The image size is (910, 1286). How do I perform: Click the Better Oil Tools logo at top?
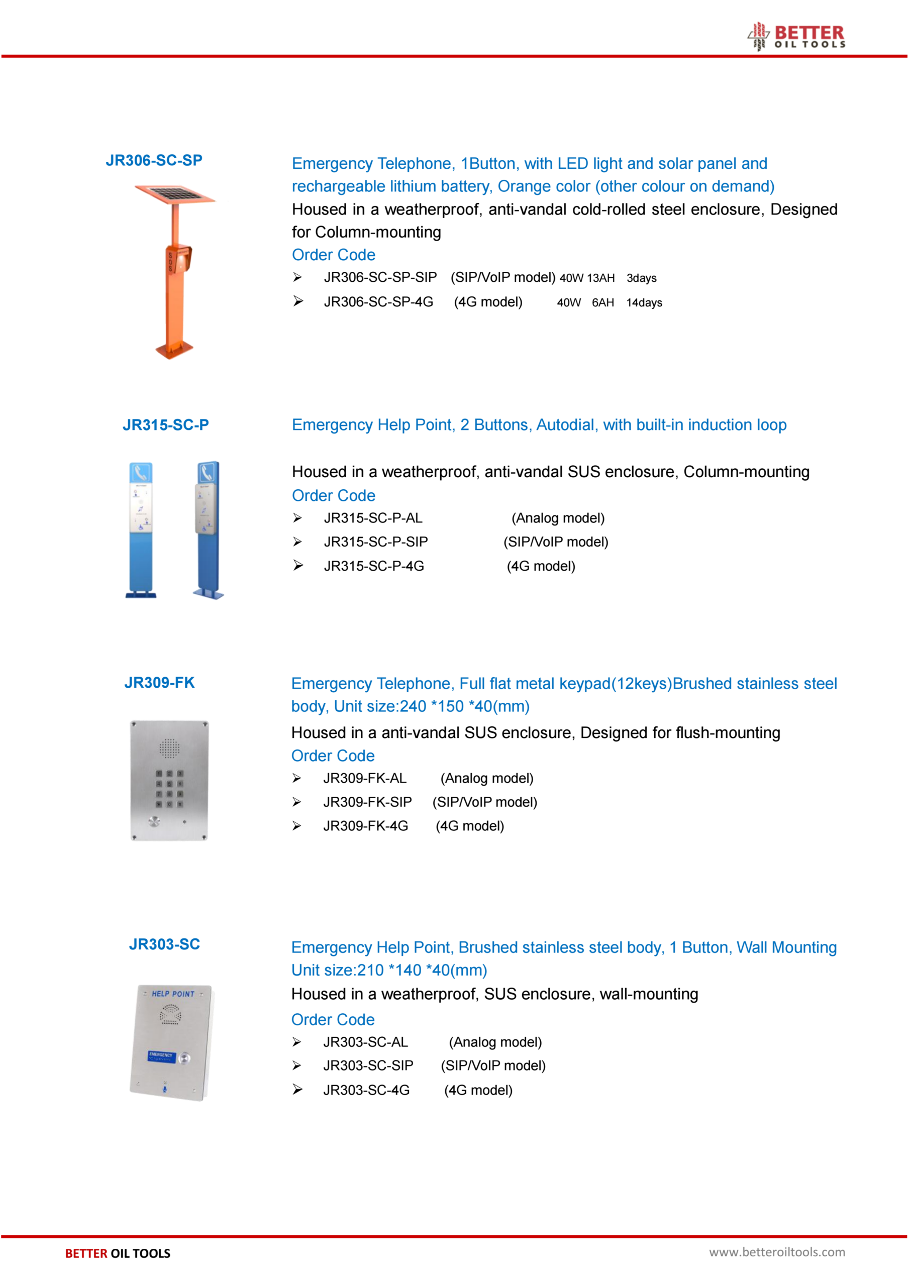[x=796, y=36]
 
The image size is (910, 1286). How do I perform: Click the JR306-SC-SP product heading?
[x=154, y=160]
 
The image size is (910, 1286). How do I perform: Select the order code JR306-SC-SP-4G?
[x=378, y=302]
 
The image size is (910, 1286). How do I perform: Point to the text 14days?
[x=644, y=303]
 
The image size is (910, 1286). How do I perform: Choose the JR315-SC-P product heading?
[x=165, y=425]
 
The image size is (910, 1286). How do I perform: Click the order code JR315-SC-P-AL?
[x=373, y=518]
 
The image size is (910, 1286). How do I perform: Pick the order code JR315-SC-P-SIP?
[x=375, y=542]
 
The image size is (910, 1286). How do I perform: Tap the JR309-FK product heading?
[x=159, y=683]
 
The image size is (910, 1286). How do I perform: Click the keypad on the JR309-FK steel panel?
[x=169, y=789]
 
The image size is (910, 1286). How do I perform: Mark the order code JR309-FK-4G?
[x=365, y=826]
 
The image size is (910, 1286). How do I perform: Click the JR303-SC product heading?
[x=164, y=944]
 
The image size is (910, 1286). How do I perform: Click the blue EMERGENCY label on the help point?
[x=161, y=1056]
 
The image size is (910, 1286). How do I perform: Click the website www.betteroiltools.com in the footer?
[x=777, y=1252]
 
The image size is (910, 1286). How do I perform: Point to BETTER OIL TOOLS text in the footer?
[x=118, y=1253]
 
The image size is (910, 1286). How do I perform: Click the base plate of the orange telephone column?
[x=174, y=350]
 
